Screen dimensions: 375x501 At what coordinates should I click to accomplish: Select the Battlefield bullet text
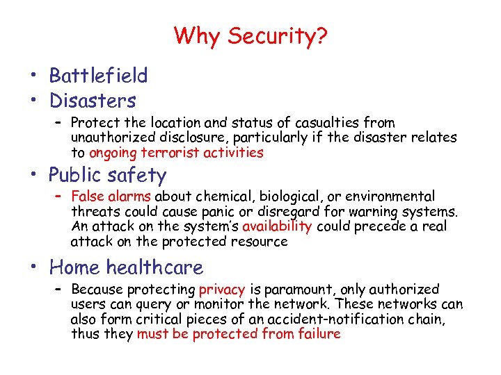98,75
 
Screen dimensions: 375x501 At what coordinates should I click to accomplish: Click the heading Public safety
107,175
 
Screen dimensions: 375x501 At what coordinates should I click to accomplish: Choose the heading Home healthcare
126,267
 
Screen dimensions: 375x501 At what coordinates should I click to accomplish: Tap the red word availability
278,227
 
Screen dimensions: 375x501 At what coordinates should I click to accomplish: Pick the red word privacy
222,289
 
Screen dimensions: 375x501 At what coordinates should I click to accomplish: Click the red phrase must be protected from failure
239,334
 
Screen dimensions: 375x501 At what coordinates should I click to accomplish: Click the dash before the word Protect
59,122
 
